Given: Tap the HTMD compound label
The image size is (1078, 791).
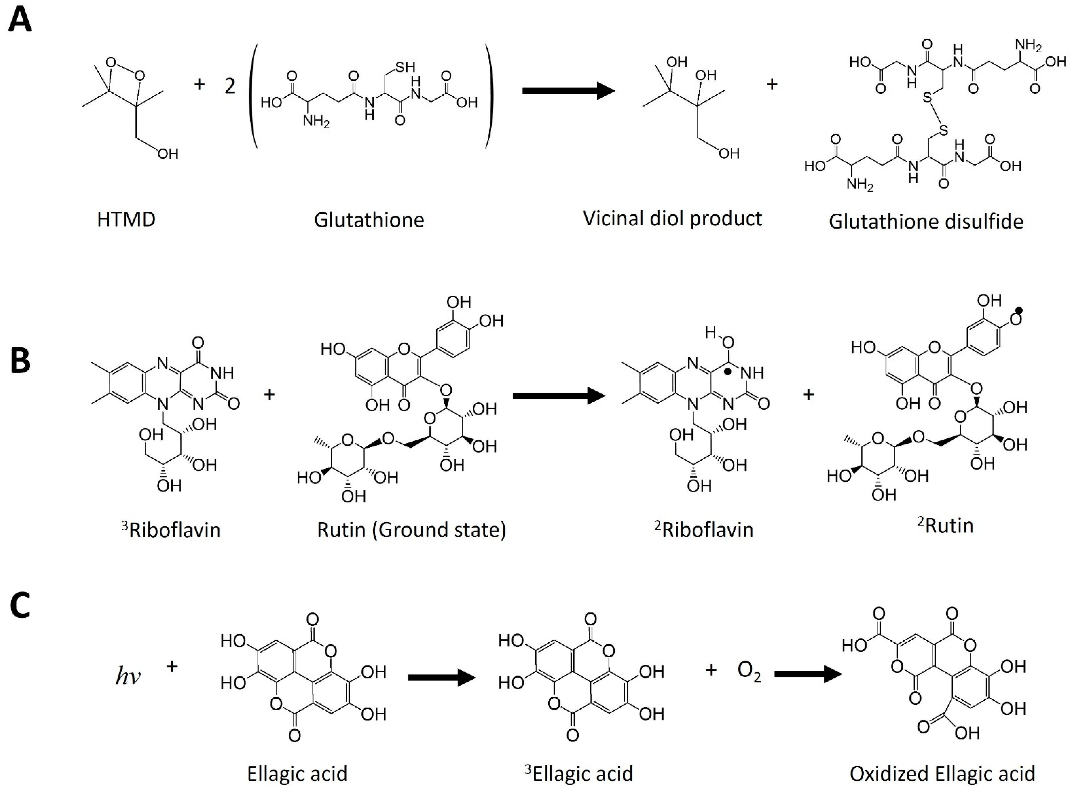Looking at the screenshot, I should [x=126, y=220].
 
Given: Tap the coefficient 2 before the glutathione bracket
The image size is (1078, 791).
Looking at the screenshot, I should [x=230, y=86].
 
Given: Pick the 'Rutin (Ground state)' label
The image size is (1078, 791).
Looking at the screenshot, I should [x=411, y=530].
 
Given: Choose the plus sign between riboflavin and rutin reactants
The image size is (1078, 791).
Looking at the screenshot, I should [x=269, y=395].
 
